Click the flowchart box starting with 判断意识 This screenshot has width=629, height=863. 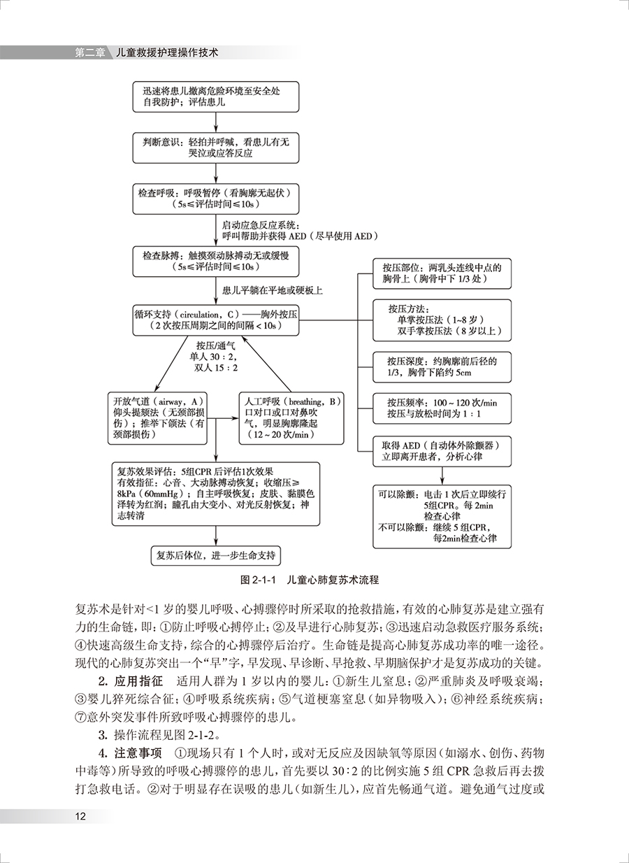point(216,147)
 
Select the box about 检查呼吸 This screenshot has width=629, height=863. point(216,198)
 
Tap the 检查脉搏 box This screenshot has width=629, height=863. point(216,260)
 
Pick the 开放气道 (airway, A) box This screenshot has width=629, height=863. point(158,418)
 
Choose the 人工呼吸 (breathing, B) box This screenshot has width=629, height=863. point(291,418)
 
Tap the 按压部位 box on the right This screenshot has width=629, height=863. point(442,273)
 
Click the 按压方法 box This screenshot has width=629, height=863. point(442,320)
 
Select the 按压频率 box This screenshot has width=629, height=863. point(442,409)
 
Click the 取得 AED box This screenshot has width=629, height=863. point(442,451)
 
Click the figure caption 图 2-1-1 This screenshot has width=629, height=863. point(309,580)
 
